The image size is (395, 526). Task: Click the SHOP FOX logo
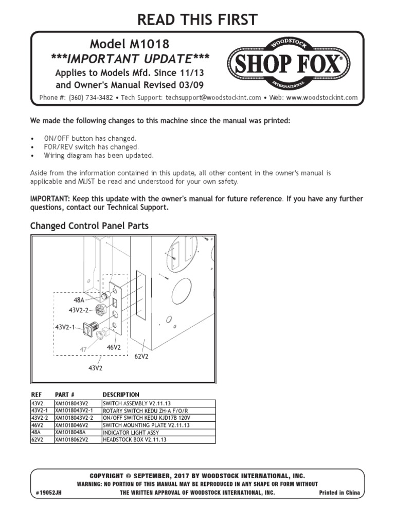(x=288, y=64)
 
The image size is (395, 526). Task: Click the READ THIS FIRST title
(x=197, y=20)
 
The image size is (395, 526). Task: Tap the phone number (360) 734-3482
(x=93, y=98)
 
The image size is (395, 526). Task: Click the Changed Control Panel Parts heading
(x=89, y=226)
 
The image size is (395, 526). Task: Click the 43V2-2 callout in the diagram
(x=79, y=310)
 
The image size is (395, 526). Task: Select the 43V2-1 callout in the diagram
(x=65, y=327)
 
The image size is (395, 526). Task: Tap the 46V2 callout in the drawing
(x=114, y=347)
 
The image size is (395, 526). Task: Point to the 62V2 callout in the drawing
(x=141, y=356)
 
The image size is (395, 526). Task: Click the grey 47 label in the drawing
(x=83, y=349)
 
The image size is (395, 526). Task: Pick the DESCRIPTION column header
(x=121, y=394)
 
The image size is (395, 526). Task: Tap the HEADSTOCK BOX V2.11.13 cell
(x=135, y=440)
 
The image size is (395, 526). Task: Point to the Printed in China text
(x=339, y=493)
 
